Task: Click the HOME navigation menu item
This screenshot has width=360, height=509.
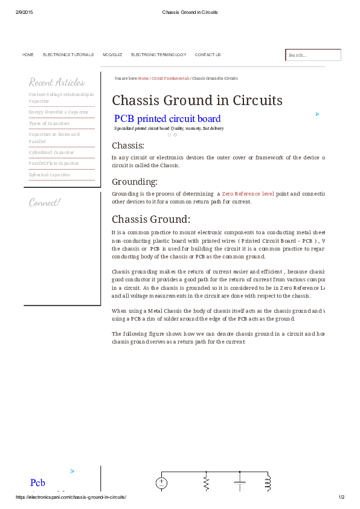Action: click(x=28, y=55)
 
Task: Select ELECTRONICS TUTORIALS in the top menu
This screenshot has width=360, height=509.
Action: click(x=68, y=55)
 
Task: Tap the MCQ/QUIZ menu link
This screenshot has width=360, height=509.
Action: click(x=112, y=55)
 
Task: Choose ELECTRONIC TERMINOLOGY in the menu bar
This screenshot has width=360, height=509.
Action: click(x=158, y=55)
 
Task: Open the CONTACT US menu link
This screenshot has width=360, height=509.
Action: click(x=208, y=55)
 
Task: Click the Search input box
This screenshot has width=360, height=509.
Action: click(x=313, y=55)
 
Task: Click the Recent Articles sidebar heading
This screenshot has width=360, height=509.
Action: click(x=57, y=82)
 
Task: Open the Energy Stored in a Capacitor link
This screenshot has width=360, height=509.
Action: click(x=59, y=112)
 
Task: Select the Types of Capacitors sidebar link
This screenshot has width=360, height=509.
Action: click(x=50, y=123)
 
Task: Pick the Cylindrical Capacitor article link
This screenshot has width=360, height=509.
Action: click(x=51, y=152)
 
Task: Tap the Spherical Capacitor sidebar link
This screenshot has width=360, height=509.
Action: click(x=50, y=174)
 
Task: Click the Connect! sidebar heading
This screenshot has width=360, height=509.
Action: click(x=45, y=202)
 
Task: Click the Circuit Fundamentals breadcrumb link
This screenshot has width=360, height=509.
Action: click(x=170, y=78)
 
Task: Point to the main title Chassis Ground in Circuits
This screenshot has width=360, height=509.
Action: click(x=197, y=100)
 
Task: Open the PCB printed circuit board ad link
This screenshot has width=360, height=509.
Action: click(x=167, y=119)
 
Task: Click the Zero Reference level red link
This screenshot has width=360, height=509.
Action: click(x=248, y=194)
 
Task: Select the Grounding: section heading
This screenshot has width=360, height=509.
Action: click(x=135, y=181)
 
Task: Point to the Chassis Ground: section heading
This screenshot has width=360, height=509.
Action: click(x=151, y=219)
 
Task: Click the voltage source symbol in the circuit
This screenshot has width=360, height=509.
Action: click(x=162, y=482)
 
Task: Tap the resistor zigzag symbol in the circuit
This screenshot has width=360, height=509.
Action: click(x=207, y=482)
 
